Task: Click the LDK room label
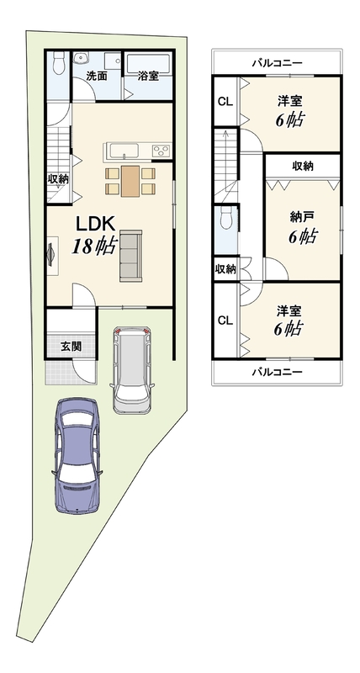pos(95,224)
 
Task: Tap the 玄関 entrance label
pos(71,346)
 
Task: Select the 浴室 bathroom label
pos(149,77)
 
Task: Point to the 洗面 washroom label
pos(97,77)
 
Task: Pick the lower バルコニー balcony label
pos(278,372)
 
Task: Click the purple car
pos(77,455)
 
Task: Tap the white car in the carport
pos(131,370)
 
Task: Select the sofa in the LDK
pos(131,256)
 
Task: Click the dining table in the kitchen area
pos(130,181)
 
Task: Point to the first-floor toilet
pos(57,64)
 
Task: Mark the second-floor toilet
pos(226,218)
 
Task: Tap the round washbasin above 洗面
pos(80,59)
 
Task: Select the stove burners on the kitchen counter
pos(161,151)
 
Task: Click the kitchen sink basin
pos(124,151)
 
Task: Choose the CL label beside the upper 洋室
pos(225,102)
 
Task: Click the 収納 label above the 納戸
pos(303,166)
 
